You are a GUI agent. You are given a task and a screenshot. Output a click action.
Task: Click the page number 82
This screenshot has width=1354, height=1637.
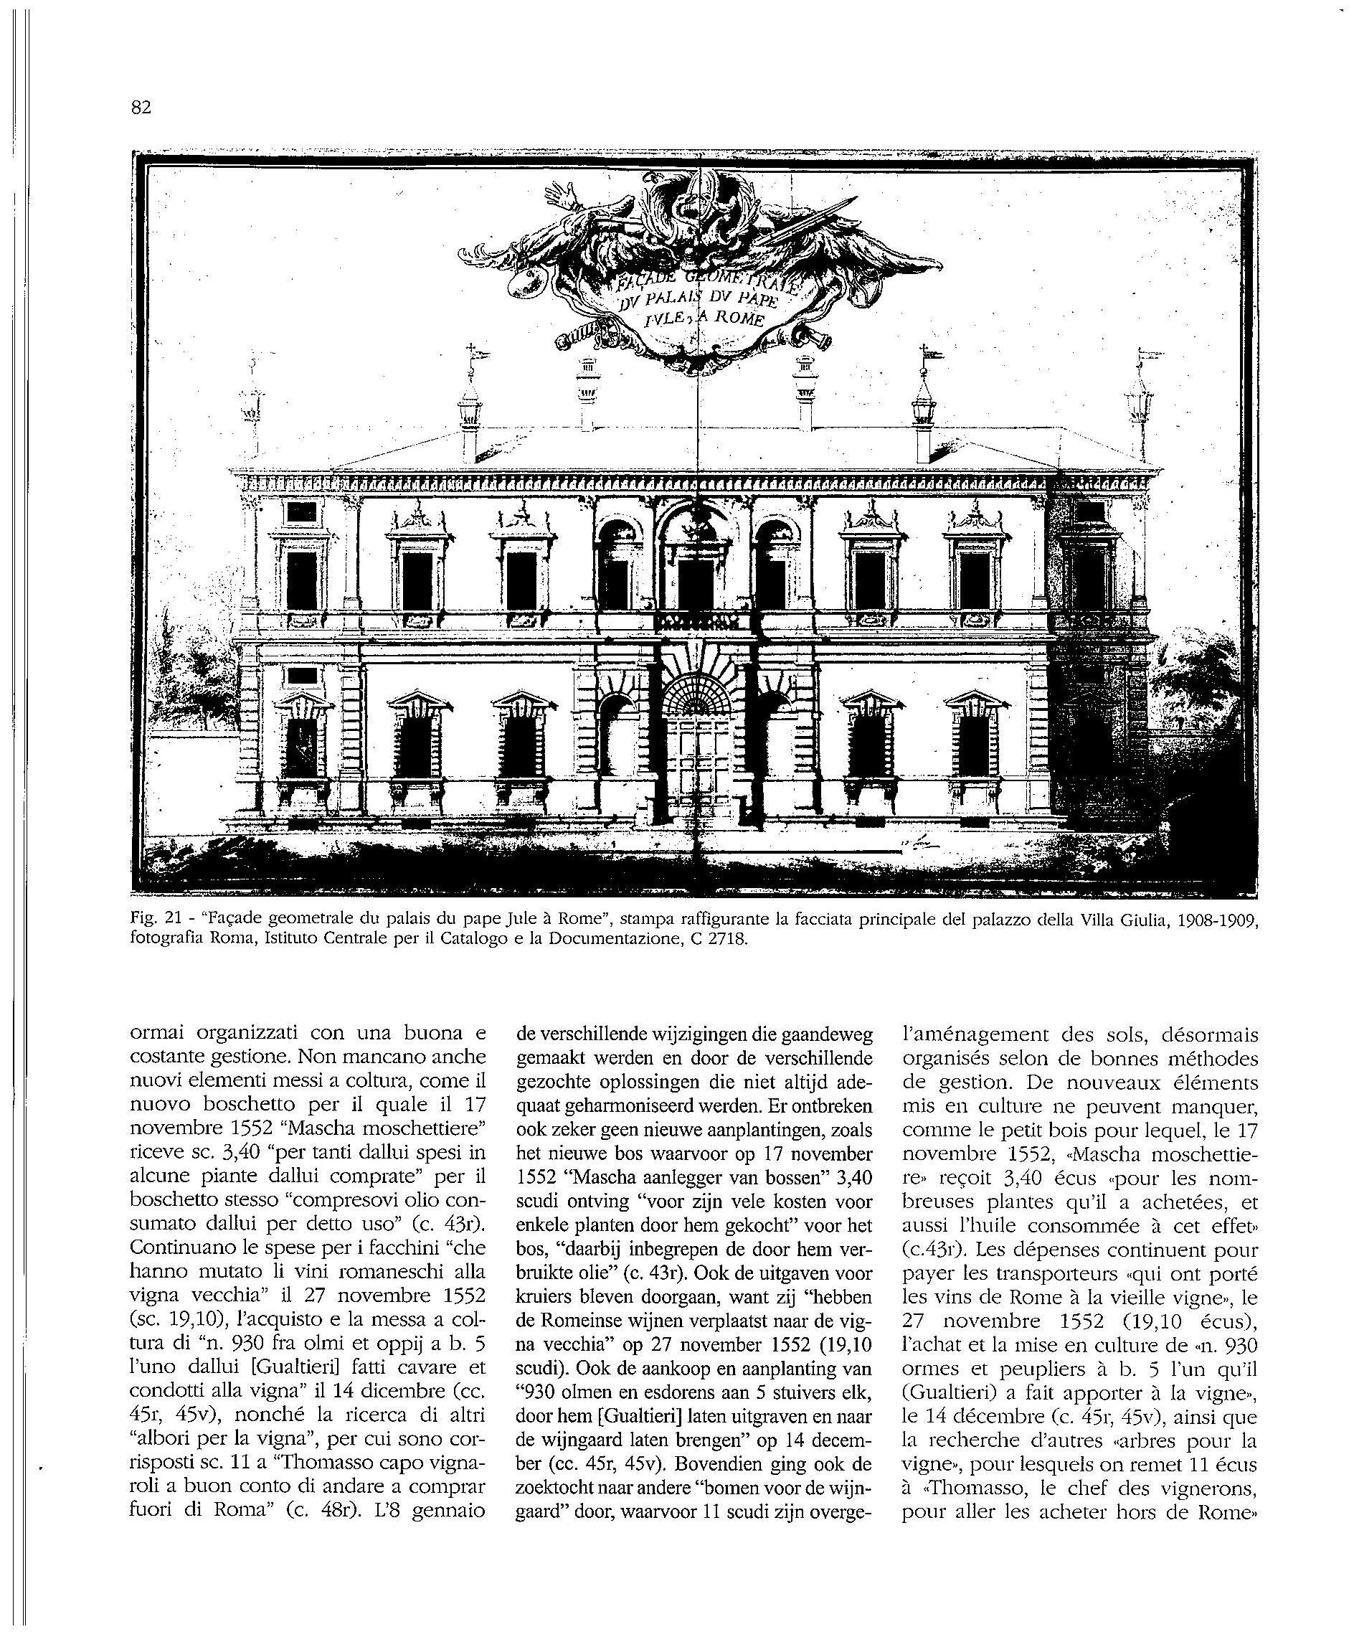tap(141, 108)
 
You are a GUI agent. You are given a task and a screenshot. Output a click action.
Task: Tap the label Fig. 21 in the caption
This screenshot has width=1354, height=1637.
tap(156, 920)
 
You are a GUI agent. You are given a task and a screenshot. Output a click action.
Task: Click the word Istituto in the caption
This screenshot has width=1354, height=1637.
tap(267, 938)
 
